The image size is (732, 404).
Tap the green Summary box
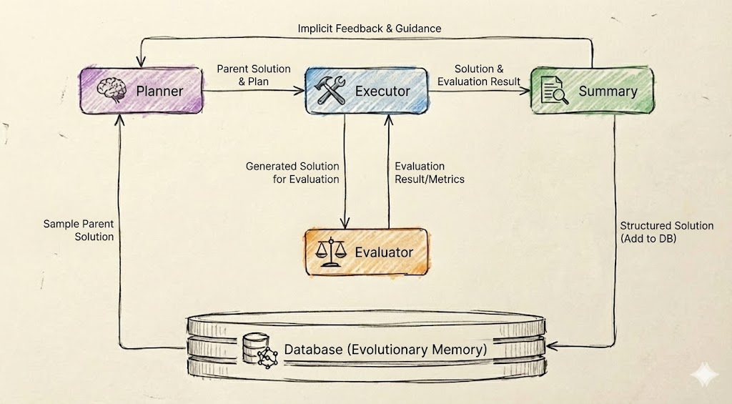coord(592,91)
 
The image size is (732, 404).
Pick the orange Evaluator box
coord(365,252)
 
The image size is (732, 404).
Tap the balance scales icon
coord(330,252)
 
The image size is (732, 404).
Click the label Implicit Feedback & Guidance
coord(369,29)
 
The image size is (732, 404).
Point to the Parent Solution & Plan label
coord(254,75)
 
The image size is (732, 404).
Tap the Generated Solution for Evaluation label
coord(292,172)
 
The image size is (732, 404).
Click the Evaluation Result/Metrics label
coord(430,172)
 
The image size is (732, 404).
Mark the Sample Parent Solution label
coord(78,230)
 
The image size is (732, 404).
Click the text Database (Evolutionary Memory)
coord(386,350)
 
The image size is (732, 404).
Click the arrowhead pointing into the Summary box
coord(525,91)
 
